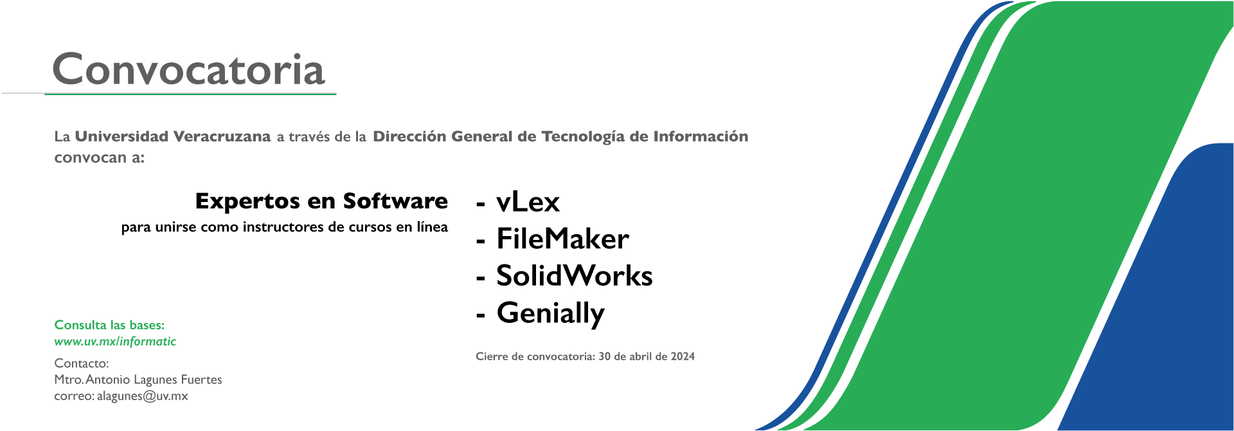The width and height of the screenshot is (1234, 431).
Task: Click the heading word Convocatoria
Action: pyautogui.click(x=188, y=69)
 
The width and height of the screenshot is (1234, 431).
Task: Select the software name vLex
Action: pyautogui.click(x=528, y=202)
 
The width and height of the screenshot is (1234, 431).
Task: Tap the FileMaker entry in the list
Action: pyautogui.click(x=562, y=239)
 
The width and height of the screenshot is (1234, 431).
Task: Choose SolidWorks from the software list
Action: pyautogui.click(x=575, y=275)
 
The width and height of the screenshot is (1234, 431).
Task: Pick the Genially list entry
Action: pyautogui.click(x=550, y=314)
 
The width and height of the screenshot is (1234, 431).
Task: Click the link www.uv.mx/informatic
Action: pyautogui.click(x=115, y=342)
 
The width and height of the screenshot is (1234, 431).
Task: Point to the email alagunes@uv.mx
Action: pyautogui.click(x=143, y=396)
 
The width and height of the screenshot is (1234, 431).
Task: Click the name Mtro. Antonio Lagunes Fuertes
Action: pyautogui.click(x=138, y=380)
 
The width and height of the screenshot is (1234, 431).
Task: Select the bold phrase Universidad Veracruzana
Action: pyautogui.click(x=173, y=136)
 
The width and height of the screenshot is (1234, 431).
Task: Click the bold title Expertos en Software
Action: pyautogui.click(x=321, y=201)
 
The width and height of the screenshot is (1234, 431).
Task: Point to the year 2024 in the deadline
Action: pyautogui.click(x=683, y=356)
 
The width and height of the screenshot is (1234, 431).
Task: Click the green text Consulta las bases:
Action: pyautogui.click(x=109, y=325)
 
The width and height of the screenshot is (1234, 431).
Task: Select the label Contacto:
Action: pyautogui.click(x=82, y=363)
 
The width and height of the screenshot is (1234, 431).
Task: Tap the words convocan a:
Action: pyautogui.click(x=100, y=158)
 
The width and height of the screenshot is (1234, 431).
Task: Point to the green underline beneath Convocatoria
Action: pyautogui.click(x=190, y=95)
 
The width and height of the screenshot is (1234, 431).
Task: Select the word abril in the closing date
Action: pyautogui.click(x=641, y=356)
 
